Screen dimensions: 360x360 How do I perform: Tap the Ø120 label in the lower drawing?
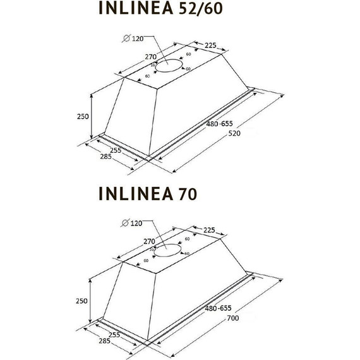(132, 222)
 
